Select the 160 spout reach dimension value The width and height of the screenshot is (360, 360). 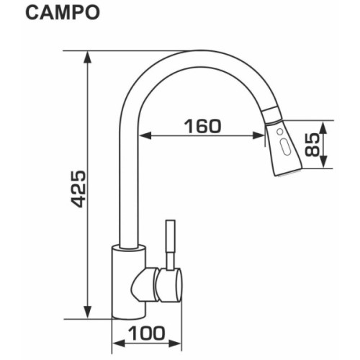[202, 126]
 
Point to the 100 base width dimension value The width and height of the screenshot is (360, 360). [148, 333]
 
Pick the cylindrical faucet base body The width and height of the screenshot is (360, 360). [128, 281]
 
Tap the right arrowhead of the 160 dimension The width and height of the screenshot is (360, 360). [261, 135]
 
